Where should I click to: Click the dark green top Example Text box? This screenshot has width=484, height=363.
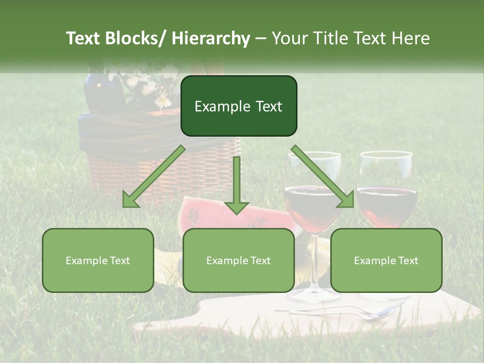[238, 106]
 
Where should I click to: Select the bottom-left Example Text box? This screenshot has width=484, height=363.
[98, 260]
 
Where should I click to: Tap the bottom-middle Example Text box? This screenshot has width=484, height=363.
[238, 260]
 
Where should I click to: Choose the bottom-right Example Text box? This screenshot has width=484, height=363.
[386, 260]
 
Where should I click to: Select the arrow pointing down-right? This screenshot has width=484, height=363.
[323, 176]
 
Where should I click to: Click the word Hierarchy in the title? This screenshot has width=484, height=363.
[211, 38]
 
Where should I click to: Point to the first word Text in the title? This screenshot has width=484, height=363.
[84, 38]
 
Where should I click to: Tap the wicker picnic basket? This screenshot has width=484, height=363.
[116, 161]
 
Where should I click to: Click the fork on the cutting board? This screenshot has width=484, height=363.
[353, 313]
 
